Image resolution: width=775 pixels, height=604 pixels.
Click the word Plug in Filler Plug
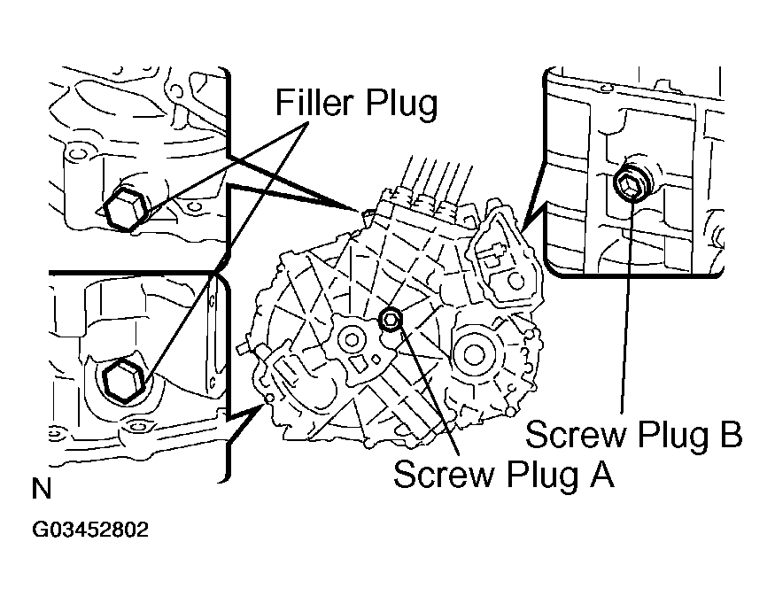[x=407, y=105]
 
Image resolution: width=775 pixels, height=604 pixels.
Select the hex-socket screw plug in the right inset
[x=630, y=185]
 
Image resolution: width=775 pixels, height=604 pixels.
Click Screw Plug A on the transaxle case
[x=388, y=320]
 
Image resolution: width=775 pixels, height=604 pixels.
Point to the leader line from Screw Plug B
[x=628, y=310]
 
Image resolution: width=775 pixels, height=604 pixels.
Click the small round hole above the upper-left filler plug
[x=76, y=156]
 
